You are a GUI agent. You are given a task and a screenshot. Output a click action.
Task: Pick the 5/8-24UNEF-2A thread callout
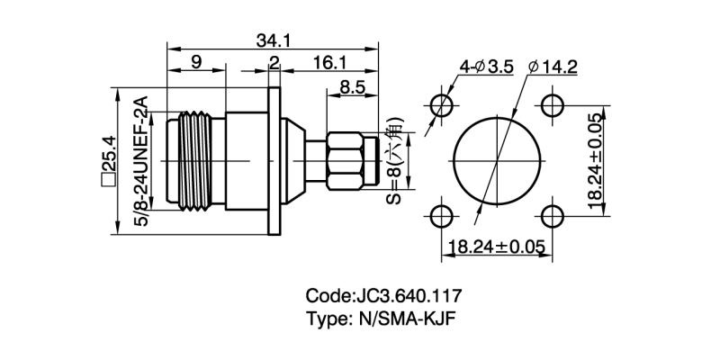point(142,162)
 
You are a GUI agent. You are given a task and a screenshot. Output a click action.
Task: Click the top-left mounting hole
point(442,105)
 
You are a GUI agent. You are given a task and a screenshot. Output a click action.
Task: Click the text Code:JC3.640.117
point(385,295)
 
